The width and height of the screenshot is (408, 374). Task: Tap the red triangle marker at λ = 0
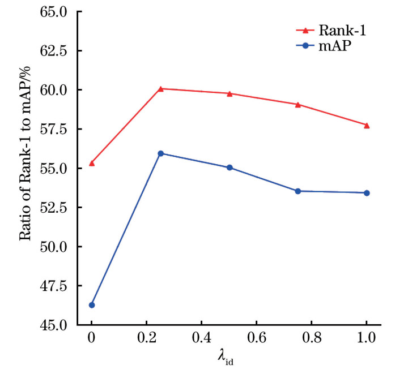pos(92,163)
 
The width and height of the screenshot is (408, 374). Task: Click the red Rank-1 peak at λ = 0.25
pos(161,89)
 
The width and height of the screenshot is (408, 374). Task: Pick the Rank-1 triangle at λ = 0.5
pos(229,93)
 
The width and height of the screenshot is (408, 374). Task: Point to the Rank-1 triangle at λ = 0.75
pos(298,104)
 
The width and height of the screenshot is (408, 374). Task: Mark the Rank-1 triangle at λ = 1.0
pos(367,125)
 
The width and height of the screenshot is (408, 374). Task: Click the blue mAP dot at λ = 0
pos(92,305)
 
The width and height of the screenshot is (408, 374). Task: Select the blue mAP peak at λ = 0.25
pos(161,153)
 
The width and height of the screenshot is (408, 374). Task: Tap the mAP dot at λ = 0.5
pos(229,167)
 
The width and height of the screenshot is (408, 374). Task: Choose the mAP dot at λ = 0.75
pos(298,191)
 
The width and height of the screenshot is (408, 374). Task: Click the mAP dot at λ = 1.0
pos(367,193)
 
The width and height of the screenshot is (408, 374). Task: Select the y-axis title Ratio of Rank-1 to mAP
pos(25,167)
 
